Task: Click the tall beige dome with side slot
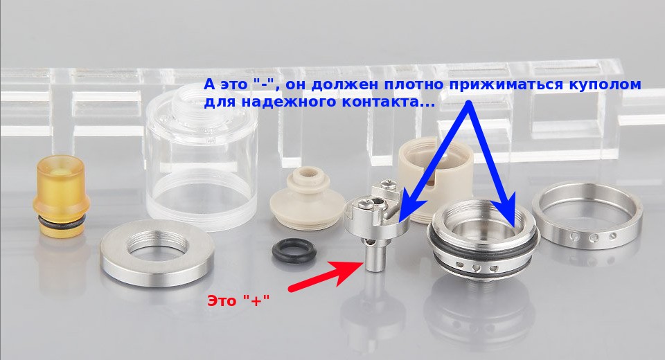435,178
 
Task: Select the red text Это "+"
239,300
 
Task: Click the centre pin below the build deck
375,254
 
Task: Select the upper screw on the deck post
388,184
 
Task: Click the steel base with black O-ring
484,242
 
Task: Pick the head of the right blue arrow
507,210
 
